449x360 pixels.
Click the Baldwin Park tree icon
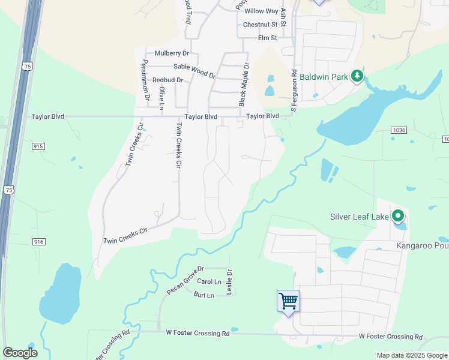357,76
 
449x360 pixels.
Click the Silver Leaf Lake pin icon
397,216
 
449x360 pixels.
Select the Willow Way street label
261,11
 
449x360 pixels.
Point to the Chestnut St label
261,25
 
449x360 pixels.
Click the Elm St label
267,38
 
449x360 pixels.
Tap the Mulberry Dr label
172,53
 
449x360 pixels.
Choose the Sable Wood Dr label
194,70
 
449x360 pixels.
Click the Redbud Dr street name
167,80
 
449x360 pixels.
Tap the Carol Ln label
209,281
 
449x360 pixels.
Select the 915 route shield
39,146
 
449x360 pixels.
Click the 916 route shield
39,241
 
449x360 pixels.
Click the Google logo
20,353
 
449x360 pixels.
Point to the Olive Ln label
161,98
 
